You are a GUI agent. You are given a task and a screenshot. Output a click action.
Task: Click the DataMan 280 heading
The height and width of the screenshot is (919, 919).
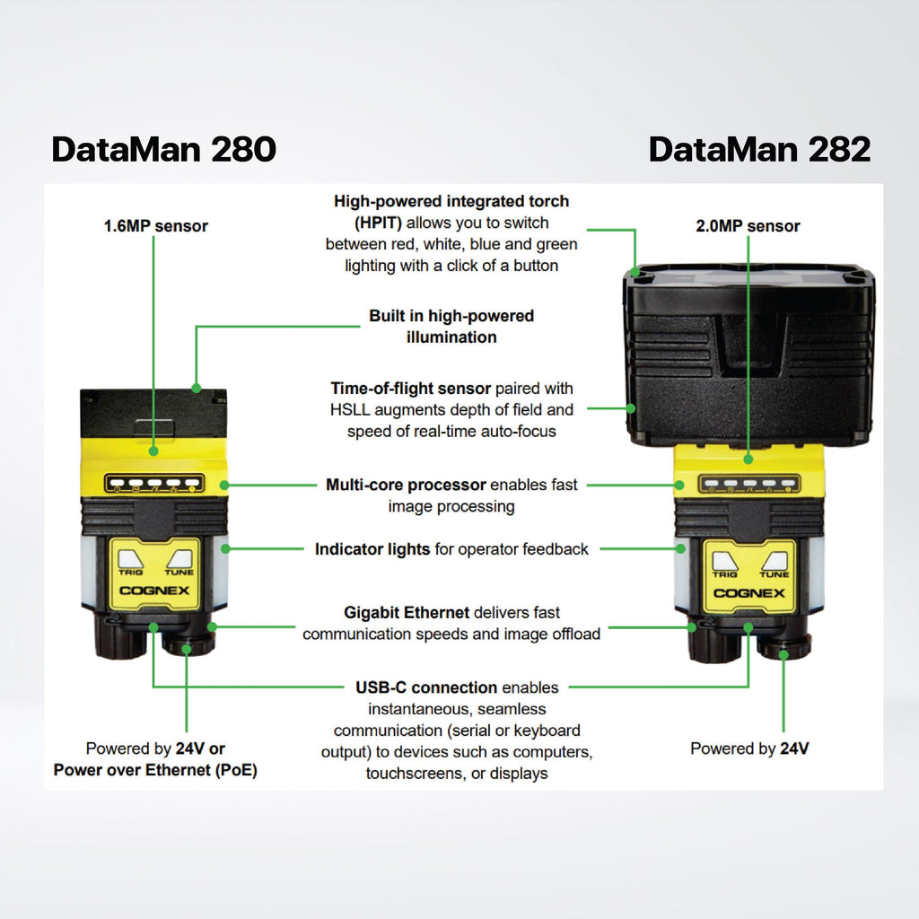[x=163, y=149]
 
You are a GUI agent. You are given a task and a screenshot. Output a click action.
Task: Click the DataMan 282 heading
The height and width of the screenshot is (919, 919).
[x=759, y=149]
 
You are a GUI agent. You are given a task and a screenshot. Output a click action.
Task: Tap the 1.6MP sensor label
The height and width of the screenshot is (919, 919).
[x=155, y=226]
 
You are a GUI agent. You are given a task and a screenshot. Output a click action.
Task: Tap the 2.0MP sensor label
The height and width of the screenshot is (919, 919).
[x=748, y=226]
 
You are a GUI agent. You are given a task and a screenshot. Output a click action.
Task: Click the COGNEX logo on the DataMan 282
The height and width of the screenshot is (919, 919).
[x=748, y=593]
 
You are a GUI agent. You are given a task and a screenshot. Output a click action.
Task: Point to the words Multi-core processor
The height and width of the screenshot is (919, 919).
[x=406, y=486]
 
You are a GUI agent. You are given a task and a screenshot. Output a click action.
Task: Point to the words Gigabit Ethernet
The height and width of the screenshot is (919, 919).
[x=407, y=613]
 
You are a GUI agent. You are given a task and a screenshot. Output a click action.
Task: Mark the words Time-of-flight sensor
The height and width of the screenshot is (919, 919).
[x=411, y=389]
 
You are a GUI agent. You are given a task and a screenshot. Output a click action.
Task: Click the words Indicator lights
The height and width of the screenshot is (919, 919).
[x=372, y=549]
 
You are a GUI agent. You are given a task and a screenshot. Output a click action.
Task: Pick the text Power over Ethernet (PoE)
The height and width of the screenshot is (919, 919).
[x=155, y=770]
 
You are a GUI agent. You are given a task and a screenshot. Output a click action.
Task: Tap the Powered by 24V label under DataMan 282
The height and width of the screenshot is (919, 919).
[x=749, y=748]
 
